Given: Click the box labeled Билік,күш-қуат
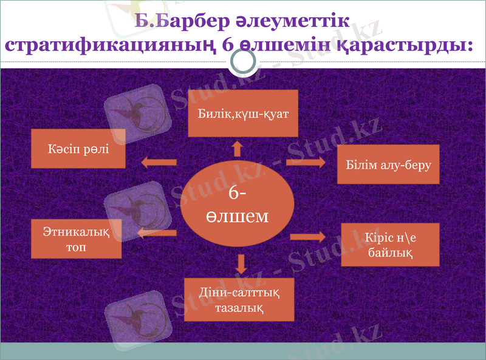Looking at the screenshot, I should pos(243,113).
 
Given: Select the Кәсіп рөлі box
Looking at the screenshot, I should pos(78,148).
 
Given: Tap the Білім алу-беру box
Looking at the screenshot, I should pos(388,165).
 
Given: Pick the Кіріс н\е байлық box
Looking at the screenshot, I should pos(390,244).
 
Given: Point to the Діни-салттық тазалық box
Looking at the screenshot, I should pos(239,299).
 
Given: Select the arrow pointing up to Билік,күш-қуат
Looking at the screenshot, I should pos(238,149).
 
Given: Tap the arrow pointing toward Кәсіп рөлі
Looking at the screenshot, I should pos(159,162).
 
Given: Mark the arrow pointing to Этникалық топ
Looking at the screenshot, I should pos(157,233).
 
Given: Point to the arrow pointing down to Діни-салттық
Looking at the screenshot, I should pos(242,263).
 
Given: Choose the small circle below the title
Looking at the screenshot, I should pos(244,61).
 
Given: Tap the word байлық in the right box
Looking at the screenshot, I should pos(390,252).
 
